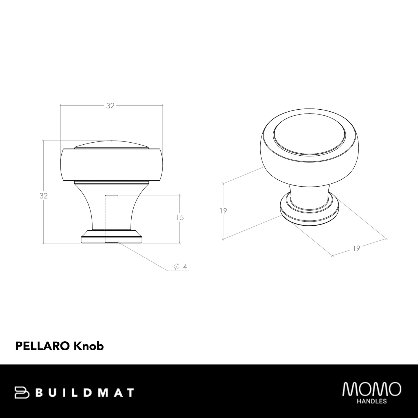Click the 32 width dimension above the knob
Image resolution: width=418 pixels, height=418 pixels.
[x=110, y=106]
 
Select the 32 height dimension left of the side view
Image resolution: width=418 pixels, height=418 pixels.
[x=44, y=196]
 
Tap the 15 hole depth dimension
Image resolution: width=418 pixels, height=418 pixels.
[x=180, y=218]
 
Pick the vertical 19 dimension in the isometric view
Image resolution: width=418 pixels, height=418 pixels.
[x=223, y=211]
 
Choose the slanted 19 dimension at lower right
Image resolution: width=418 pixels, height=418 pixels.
[x=356, y=248]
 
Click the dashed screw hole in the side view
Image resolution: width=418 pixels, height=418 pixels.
[x=112, y=218]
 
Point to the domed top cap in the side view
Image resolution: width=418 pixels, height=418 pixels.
[x=112, y=144]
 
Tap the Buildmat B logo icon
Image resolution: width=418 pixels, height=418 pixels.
[x=22, y=392]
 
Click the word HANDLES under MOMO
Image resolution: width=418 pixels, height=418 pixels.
[x=372, y=402]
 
